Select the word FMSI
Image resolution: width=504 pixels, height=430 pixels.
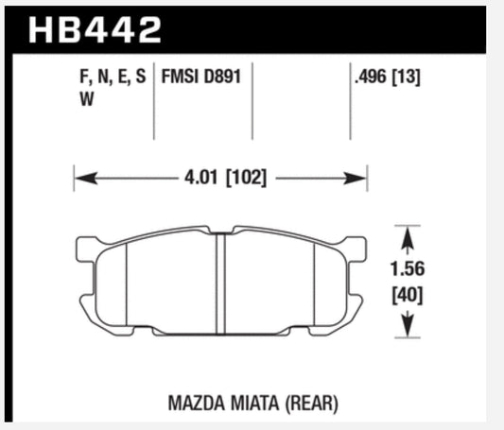click(x=180, y=79)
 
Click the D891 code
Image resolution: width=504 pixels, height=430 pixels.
click(x=222, y=79)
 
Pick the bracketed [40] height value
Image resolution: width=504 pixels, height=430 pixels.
click(x=407, y=295)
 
